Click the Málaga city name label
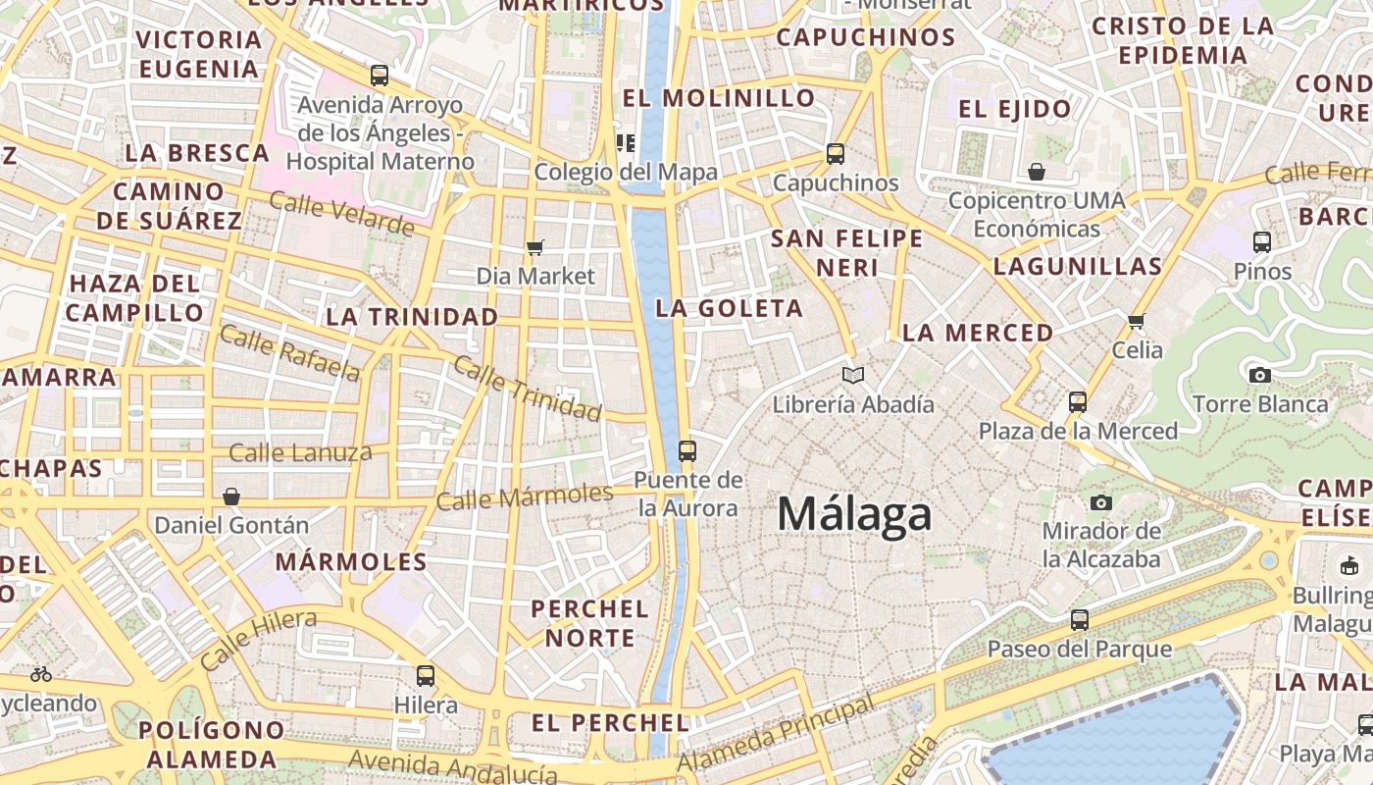tap(854, 514)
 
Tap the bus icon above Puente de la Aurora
tap(687, 451)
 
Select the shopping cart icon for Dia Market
tap(534, 247)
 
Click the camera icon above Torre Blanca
tap(1260, 375)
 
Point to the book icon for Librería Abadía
tap(853, 375)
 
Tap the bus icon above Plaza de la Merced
tap(1078, 402)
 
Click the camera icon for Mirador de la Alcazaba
tap(1101, 503)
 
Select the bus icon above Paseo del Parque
tap(1080, 620)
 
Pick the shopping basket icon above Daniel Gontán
tap(231, 497)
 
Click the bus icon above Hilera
tap(425, 676)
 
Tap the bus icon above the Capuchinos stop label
tap(836, 154)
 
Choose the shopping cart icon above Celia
tap(1137, 321)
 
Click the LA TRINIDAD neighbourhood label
tap(412, 317)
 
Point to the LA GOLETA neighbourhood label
tap(730, 308)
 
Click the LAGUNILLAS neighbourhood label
tap(1078, 266)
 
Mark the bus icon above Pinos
tap(1262, 241)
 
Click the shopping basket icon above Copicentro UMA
tap(1037, 173)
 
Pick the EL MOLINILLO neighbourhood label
tap(719, 98)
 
